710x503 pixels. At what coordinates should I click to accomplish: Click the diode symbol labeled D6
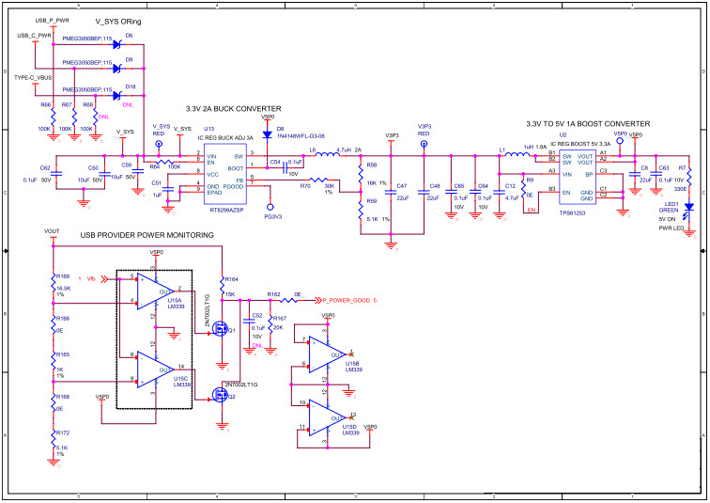coord(117,43)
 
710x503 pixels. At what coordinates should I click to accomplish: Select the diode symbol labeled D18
coord(117,94)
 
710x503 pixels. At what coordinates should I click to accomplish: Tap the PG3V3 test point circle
coord(270,205)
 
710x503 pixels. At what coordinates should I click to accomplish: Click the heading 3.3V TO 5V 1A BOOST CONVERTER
coord(588,123)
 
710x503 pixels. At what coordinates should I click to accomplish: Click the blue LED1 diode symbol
coord(688,207)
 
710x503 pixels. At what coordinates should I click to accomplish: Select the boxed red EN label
coord(531,211)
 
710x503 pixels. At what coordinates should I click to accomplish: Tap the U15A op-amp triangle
coord(148,290)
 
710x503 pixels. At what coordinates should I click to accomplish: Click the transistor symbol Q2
coord(221,396)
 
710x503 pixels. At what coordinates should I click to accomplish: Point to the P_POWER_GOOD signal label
coord(347,301)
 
